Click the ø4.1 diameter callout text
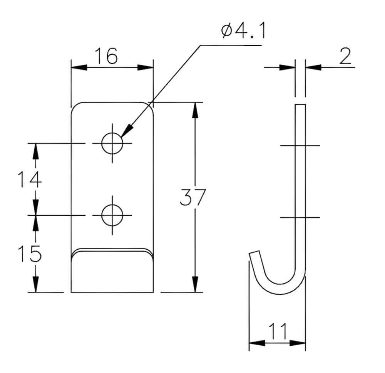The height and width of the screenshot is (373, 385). pos(243,31)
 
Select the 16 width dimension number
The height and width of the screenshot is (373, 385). pos(106,56)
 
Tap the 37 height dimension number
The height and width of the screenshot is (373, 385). pos(193,197)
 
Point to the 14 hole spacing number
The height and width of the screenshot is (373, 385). pos(30,180)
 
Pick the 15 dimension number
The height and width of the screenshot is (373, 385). pos(30,254)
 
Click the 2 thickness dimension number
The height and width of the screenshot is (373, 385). pos(345,56)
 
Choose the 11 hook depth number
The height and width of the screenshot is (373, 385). pos(278,331)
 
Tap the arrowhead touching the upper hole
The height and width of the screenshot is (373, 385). pos(126,131)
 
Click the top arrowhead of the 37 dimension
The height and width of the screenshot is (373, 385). pos(195,110)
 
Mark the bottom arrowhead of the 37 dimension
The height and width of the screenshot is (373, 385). pos(195,284)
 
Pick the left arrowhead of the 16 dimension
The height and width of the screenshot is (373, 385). pos(79,67)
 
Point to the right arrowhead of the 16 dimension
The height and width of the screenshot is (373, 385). pos(146,67)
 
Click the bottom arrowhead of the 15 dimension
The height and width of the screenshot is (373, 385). pos(36,284)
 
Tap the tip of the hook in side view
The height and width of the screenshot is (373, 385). pos(254,252)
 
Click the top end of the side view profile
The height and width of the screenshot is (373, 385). pos(301,105)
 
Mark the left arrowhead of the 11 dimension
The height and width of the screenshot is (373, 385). pos(257,343)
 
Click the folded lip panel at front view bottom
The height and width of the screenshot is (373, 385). pos(112,273)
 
